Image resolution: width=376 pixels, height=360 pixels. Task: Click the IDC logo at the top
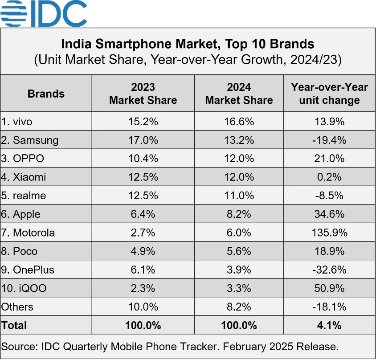[44, 13]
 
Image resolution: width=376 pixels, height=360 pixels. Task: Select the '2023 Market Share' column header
[143, 94]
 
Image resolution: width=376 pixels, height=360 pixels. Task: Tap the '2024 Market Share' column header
[239, 94]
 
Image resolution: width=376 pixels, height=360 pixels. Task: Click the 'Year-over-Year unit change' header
[329, 94]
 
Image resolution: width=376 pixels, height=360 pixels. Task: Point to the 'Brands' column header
[46, 94]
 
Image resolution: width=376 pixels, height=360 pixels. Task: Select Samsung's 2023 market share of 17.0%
[143, 140]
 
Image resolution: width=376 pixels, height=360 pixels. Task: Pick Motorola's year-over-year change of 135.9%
[329, 233]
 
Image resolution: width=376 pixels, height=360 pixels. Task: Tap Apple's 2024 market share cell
[239, 214]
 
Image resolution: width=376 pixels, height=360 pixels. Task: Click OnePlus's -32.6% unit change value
[329, 270]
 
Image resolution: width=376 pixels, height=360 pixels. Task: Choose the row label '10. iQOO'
[24, 288]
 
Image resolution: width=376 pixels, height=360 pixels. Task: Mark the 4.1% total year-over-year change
[329, 325]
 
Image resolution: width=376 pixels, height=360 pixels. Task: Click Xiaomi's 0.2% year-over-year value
[329, 177]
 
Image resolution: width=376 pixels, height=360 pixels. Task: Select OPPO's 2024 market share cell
[239, 159]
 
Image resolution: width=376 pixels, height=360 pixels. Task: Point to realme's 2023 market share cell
[143, 196]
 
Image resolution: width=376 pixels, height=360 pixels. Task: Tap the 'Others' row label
[17, 307]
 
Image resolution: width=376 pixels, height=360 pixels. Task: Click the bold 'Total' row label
[14, 325]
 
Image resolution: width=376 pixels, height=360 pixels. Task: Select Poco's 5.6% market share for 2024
[239, 251]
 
